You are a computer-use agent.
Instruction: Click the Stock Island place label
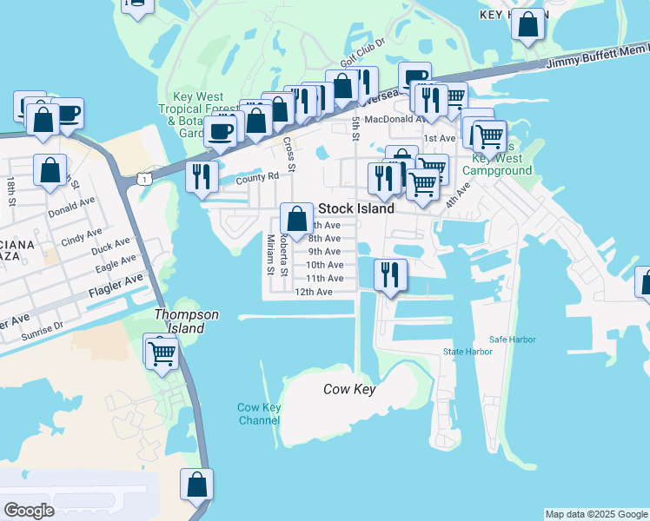tap(356, 208)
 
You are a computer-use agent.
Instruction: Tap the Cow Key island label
tap(349, 389)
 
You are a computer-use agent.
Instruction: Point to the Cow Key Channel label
tap(259, 414)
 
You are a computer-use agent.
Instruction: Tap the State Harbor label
tap(468, 352)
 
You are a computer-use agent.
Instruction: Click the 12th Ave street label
tap(314, 292)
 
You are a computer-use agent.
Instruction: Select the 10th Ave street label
tap(324, 265)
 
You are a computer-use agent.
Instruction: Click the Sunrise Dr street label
tap(43, 326)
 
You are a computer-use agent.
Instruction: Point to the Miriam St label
tap(270, 254)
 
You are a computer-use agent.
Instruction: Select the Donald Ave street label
tap(72, 211)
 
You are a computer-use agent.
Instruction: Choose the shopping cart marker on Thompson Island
tap(162, 352)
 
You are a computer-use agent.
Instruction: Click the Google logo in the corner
tap(30, 511)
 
